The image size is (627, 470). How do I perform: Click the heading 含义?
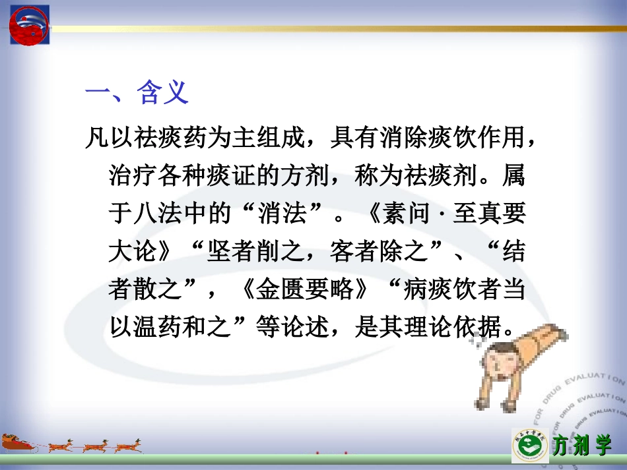162,92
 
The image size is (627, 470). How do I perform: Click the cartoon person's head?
501,367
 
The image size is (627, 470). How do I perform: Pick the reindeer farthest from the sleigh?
129,445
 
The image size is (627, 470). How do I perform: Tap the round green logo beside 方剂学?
530,446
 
